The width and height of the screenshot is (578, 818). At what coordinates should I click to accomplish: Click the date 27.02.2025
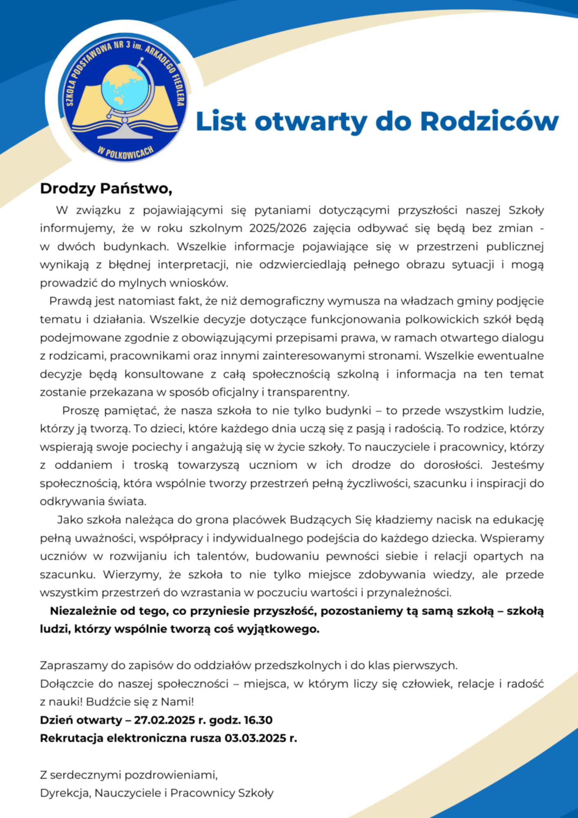164,720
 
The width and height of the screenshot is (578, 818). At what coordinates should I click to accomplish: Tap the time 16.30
258,720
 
